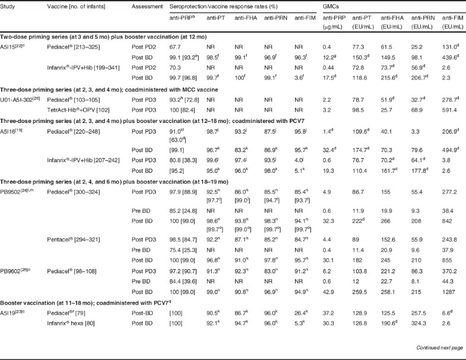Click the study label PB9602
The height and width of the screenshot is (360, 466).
coord(15,286)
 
